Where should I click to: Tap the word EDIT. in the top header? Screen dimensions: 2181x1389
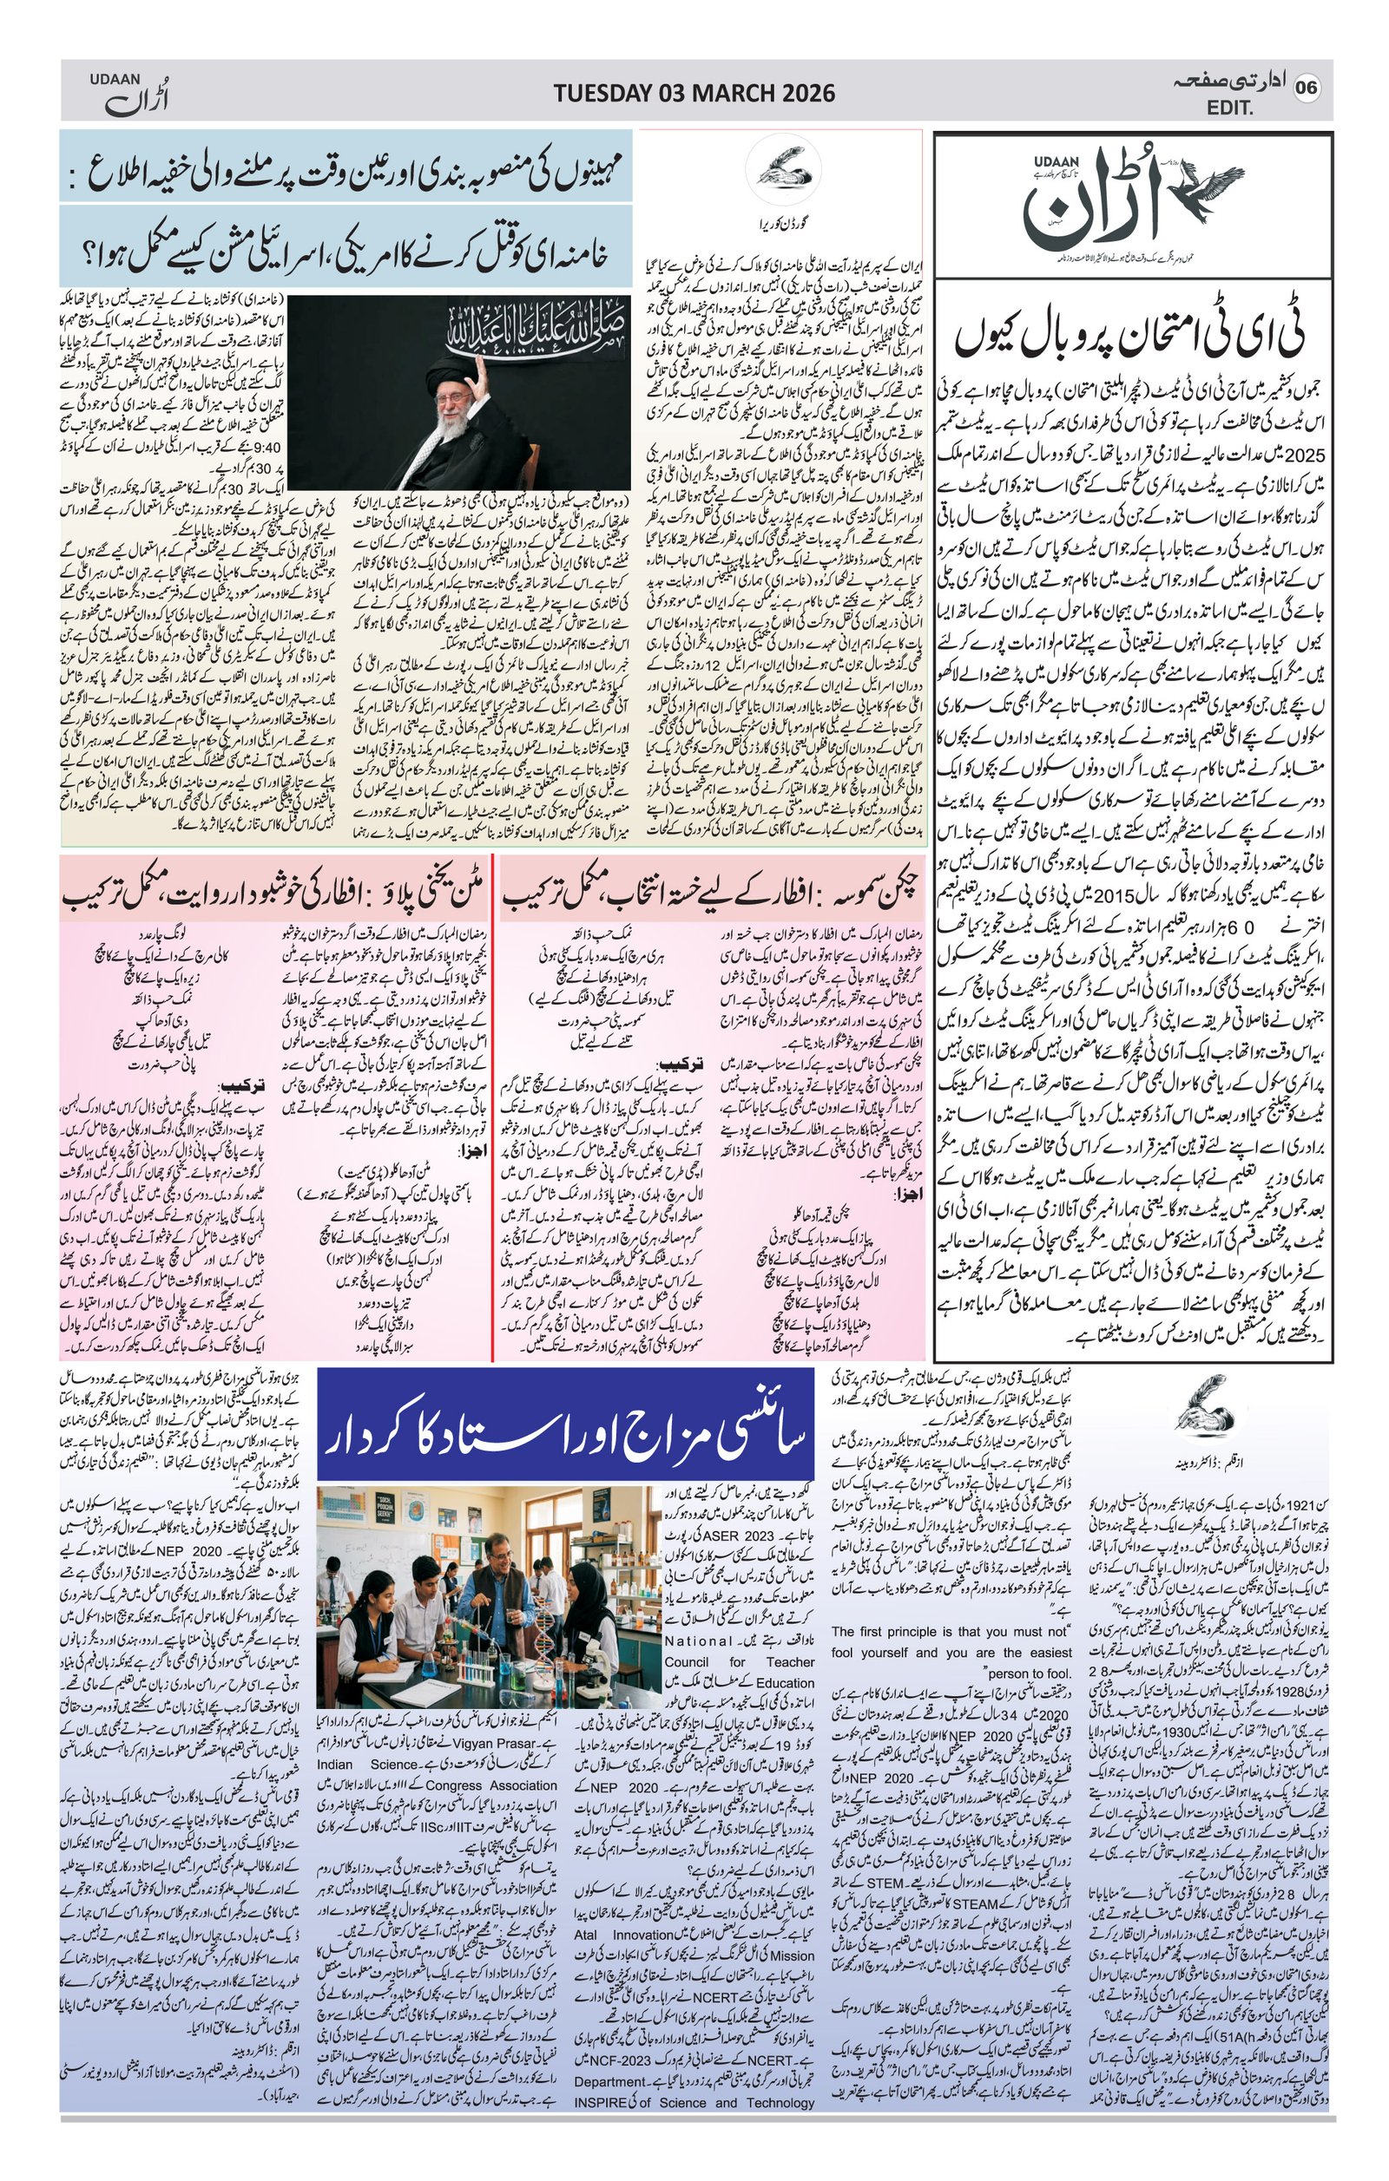pos(1229,108)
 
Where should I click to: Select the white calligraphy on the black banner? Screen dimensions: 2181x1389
pos(530,329)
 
